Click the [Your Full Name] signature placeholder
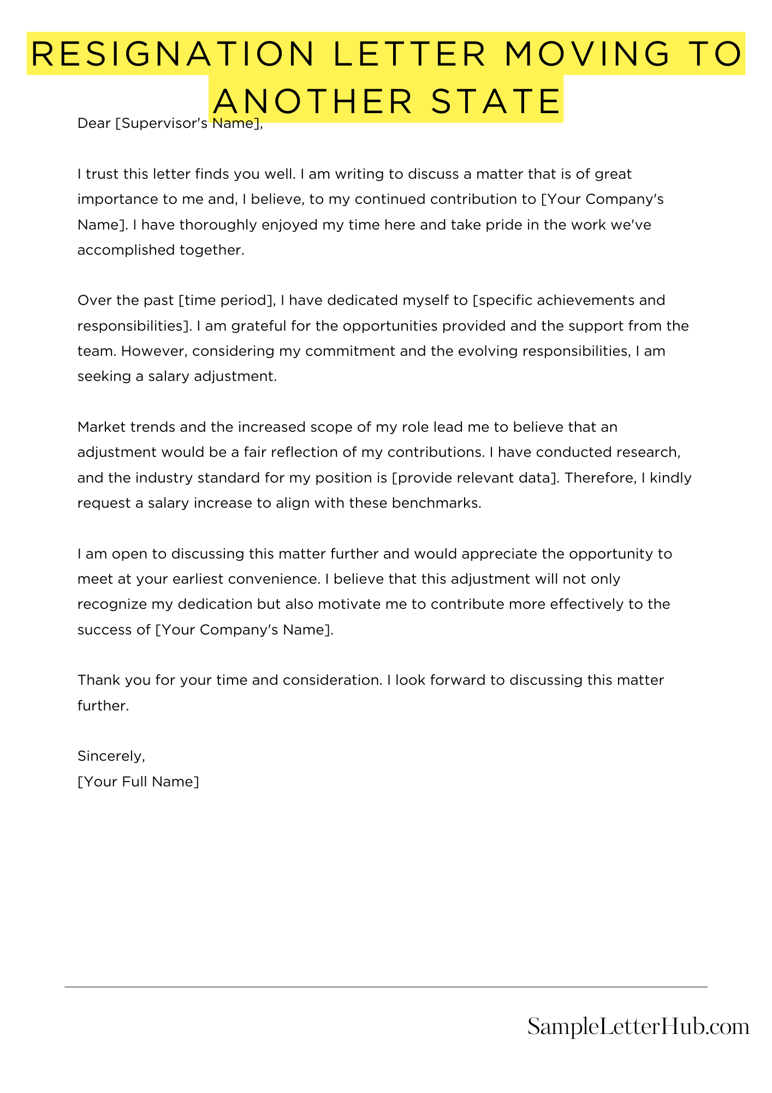138,782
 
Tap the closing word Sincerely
111,756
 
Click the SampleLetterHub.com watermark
638,1027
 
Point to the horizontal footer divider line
385,987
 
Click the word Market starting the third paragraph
102,427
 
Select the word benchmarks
436,503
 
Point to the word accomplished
121,250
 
